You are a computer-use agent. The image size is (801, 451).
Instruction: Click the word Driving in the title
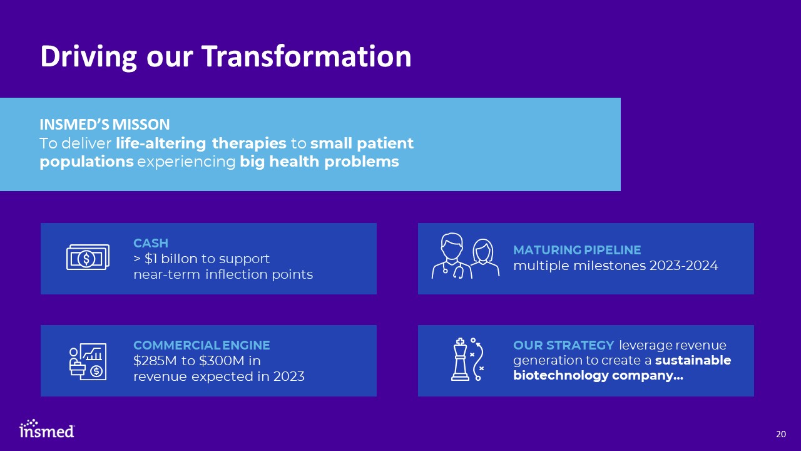88,57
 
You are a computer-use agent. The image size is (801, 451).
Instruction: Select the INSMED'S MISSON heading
105,125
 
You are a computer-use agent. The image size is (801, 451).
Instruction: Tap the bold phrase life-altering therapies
201,143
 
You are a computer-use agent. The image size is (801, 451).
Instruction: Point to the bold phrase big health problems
319,162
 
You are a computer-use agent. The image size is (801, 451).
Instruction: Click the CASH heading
151,243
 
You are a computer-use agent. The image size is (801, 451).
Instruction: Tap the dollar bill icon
88,257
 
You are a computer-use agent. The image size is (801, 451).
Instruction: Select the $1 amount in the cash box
151,259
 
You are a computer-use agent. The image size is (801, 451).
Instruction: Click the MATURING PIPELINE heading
577,250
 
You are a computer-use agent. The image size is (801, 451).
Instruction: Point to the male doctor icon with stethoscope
452,256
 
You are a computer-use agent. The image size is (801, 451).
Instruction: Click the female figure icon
484,257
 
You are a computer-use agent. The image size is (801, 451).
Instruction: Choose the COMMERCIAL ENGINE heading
202,345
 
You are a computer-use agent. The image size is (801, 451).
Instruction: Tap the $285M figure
155,360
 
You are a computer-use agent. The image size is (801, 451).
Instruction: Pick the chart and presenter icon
88,361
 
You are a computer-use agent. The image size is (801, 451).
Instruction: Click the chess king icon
460,360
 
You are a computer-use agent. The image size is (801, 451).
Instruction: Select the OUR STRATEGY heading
564,345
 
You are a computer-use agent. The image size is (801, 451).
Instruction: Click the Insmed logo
47,429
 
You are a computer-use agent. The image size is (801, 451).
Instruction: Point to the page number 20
780,434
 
